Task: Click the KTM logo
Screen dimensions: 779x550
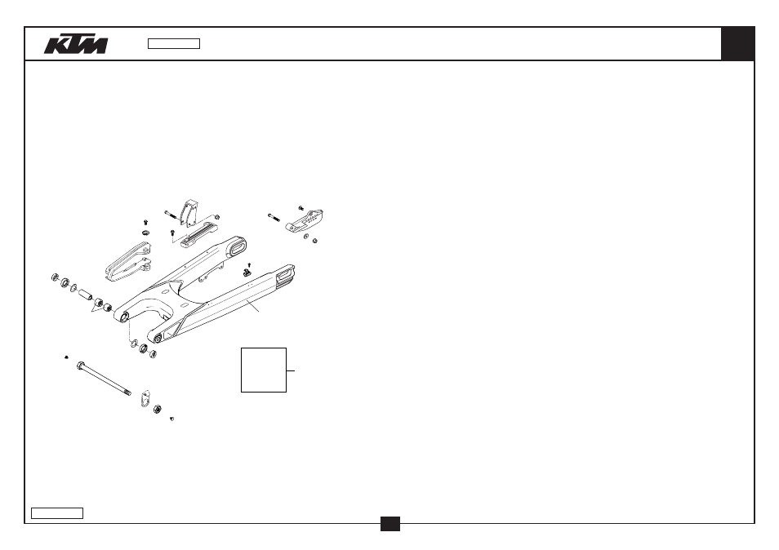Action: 75,44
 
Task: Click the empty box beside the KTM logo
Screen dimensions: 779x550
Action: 174,44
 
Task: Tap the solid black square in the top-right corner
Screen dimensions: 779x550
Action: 738,44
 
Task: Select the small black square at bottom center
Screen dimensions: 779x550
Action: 390,524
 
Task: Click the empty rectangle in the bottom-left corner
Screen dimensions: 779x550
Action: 57,513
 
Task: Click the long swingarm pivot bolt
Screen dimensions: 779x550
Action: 104,379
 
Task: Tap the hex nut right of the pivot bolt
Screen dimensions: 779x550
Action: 157,409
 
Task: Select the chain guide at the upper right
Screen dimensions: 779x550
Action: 304,221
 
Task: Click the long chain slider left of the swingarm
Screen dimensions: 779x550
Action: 127,262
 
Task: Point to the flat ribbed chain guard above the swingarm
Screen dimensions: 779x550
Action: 199,235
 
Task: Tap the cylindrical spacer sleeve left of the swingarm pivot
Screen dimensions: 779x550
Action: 85,294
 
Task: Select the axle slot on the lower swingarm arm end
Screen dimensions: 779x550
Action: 286,273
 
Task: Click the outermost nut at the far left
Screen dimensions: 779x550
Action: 56,277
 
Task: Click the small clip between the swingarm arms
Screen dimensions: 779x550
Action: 247,272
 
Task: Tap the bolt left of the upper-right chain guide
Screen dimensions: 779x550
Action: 274,217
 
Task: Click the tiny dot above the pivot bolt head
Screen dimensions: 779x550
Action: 67,357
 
